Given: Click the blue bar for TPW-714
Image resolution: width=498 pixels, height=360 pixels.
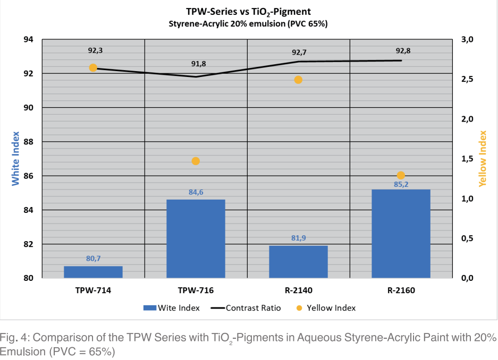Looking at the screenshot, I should pos(93,272).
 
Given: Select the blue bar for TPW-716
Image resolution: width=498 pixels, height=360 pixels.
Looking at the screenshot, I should pos(196,238).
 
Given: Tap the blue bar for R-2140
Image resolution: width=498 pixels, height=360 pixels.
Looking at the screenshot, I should pos(298,262).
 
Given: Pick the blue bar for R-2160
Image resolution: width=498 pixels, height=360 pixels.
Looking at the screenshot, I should pos(401,234).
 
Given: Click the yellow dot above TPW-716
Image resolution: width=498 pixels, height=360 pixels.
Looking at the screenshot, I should pos(196,161).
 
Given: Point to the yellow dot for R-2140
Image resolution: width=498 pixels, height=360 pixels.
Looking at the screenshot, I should pos(298,80).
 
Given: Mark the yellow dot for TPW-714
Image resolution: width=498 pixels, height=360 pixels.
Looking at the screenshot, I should pos(93,68).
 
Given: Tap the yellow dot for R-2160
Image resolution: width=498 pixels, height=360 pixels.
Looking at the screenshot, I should pos(401,175).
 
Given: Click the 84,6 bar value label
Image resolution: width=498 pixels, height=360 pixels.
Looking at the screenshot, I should pos(196,192).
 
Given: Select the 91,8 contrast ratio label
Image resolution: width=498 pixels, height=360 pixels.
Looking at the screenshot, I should pos(198,64).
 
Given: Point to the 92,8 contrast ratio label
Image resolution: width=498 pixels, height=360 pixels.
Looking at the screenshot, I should pos(403,51).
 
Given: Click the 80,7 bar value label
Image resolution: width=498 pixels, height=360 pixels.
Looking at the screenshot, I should pos(93,259).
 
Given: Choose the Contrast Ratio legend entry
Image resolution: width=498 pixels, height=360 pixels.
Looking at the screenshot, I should pos(248,307).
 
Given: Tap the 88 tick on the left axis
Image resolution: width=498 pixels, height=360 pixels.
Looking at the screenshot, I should pos(28,142).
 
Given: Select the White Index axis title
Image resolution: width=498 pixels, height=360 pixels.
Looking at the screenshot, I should pos(15,158).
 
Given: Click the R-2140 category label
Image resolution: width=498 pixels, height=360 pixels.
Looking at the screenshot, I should pos(298,290).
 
